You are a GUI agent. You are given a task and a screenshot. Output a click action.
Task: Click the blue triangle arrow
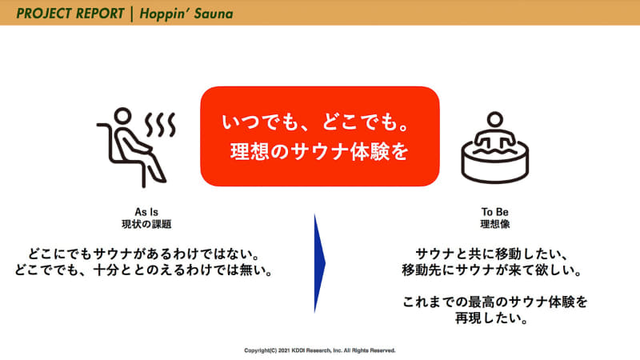pos(319,262)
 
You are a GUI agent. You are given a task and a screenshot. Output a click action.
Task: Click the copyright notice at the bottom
pos(320,350)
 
